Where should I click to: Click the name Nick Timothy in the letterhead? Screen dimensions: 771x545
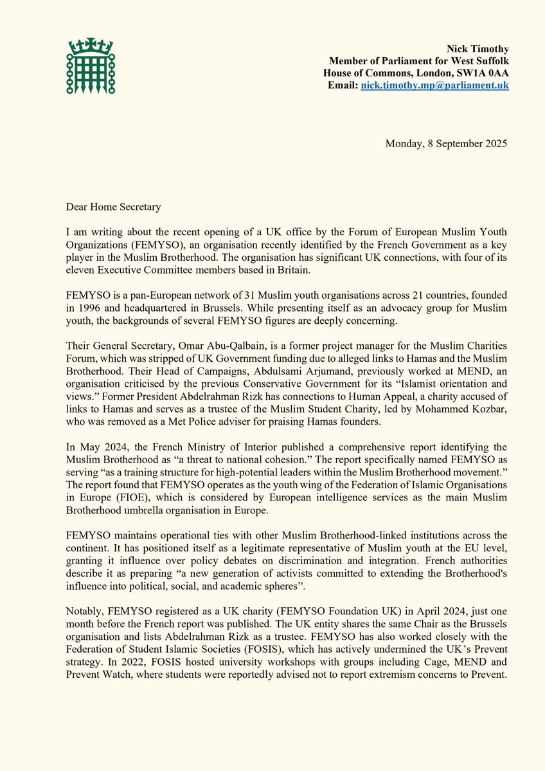(x=478, y=49)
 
